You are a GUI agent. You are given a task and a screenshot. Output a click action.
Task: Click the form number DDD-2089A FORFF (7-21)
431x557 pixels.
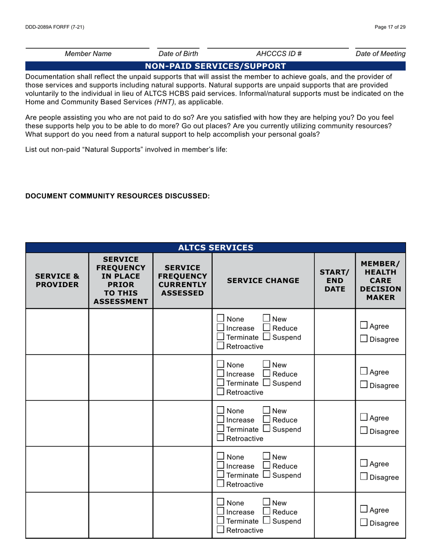55,27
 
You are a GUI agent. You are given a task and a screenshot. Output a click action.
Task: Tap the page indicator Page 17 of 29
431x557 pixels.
390,27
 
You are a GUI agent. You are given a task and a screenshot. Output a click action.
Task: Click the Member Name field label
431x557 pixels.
88,54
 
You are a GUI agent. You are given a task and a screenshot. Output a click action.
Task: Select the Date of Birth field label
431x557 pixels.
178,54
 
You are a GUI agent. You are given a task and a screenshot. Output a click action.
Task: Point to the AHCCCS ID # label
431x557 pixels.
279,54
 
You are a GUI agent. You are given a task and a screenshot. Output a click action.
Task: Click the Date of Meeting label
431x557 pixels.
380,54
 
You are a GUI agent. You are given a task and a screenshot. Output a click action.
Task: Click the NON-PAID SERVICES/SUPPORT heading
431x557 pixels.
215,66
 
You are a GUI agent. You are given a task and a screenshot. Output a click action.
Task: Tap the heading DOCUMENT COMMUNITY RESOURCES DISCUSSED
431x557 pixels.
118,196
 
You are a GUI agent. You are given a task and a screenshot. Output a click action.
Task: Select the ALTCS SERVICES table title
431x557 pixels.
215,248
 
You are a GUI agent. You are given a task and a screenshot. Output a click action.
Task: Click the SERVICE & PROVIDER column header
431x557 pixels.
57,280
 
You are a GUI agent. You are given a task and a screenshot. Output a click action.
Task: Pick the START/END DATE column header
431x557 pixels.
334,280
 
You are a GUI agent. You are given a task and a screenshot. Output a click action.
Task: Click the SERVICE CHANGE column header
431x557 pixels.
263,280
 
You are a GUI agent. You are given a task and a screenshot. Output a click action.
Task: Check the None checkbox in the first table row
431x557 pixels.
220,318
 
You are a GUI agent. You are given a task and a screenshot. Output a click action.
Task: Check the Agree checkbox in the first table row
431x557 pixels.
364,325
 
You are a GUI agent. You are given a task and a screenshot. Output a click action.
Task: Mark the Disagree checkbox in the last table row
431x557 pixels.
364,523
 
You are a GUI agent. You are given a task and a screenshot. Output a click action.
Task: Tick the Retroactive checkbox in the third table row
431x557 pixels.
220,438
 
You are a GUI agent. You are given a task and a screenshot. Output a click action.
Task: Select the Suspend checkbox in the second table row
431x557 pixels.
266,383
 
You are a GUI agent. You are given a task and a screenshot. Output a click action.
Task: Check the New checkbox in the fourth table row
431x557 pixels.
266,456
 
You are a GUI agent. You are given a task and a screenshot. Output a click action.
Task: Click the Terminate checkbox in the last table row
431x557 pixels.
220,520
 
